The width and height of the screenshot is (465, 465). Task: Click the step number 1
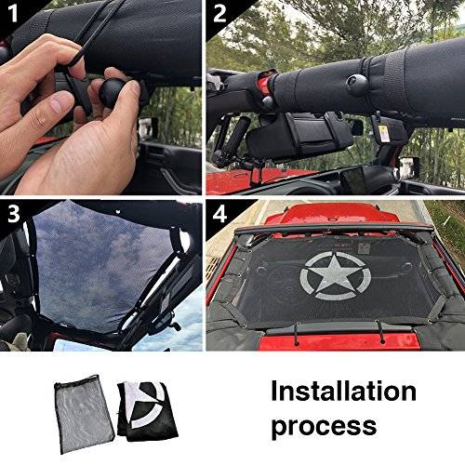[17, 16]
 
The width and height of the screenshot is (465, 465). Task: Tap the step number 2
[219, 15]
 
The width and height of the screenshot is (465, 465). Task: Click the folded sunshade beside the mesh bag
[138, 409]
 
